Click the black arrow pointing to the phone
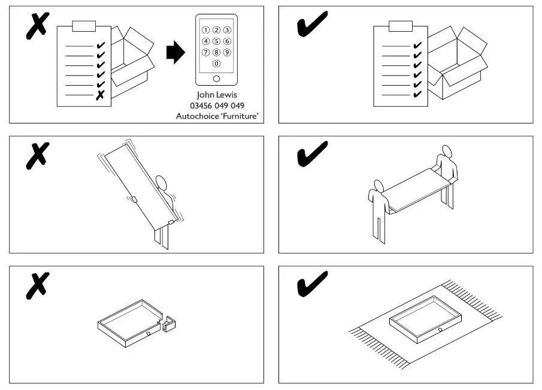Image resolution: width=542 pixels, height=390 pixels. coord(174,53)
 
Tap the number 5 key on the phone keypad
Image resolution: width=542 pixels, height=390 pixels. coord(216,41)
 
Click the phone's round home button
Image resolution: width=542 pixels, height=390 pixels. coord(216,78)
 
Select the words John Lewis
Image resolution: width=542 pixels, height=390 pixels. coord(216,95)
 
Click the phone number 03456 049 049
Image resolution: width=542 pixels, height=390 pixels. coord(216,105)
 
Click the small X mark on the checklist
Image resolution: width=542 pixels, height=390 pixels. coord(100,95)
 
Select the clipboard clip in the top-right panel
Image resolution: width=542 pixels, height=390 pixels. coord(401,26)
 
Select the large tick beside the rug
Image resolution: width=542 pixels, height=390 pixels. coord(312,283)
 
